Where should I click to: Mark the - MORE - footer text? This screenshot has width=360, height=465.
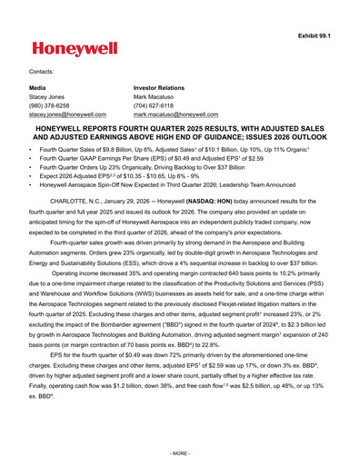coord(180,451)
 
